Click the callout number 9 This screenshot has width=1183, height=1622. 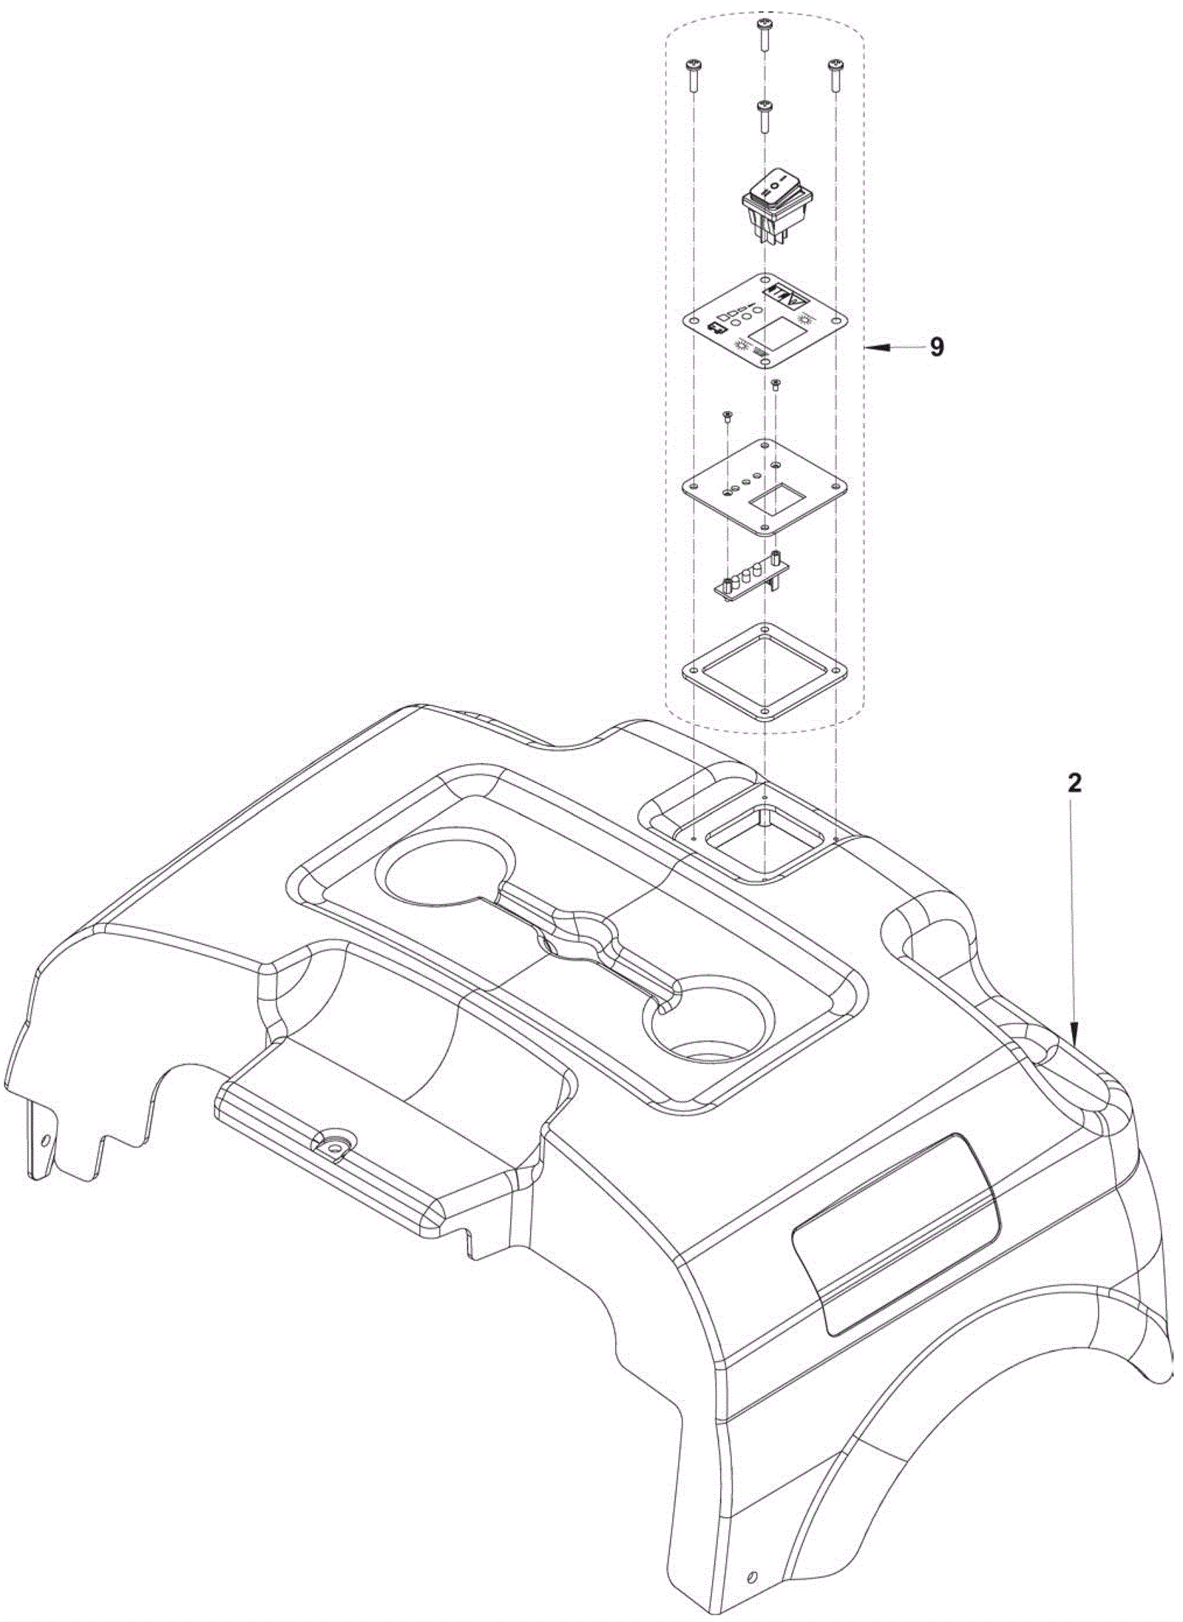tap(937, 347)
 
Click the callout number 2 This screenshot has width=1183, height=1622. tap(1074, 784)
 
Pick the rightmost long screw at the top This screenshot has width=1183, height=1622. tap(835, 74)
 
